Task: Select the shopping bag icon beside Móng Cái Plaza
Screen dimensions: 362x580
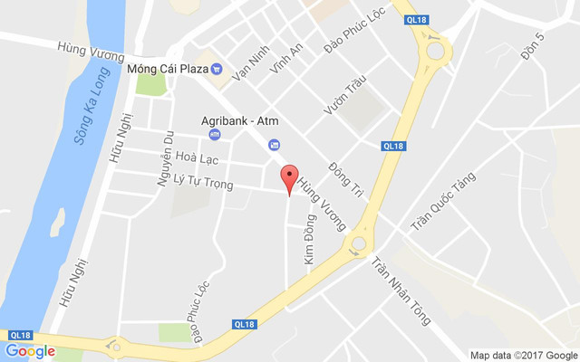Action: pos(216,67)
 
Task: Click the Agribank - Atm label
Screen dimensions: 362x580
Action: pos(239,119)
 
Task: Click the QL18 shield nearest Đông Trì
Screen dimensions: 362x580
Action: pos(391,146)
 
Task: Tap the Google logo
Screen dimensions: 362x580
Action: pos(30,351)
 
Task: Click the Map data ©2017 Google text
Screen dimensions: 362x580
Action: pos(523,355)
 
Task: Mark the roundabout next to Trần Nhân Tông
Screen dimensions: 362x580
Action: pos(358,243)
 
